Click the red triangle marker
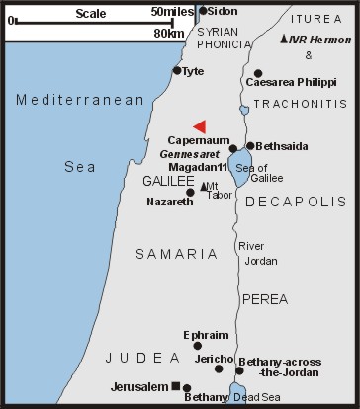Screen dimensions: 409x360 [200, 125]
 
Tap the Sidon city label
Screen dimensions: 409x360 [223, 11]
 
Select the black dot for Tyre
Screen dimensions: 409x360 [177, 70]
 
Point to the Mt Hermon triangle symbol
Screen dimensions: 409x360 [285, 39]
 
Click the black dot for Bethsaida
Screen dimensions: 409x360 [250, 145]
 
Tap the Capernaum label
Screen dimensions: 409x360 [197, 141]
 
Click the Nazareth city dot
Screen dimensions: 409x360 [190, 192]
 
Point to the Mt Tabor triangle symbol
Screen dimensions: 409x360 [204, 186]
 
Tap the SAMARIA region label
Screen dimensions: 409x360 [175, 254]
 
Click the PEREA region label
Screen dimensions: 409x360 [266, 297]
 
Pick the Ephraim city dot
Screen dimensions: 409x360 [198, 346]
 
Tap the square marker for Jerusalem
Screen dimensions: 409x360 [175, 386]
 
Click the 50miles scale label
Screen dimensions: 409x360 [170, 11]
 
